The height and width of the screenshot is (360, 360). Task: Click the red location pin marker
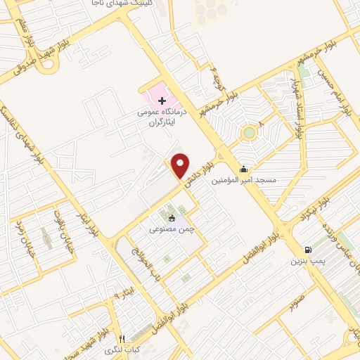[181, 166]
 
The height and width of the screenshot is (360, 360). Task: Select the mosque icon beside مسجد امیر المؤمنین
[243, 169]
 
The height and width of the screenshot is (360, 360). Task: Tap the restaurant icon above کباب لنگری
[122, 338]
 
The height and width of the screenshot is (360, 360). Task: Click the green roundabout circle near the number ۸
[248, 132]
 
